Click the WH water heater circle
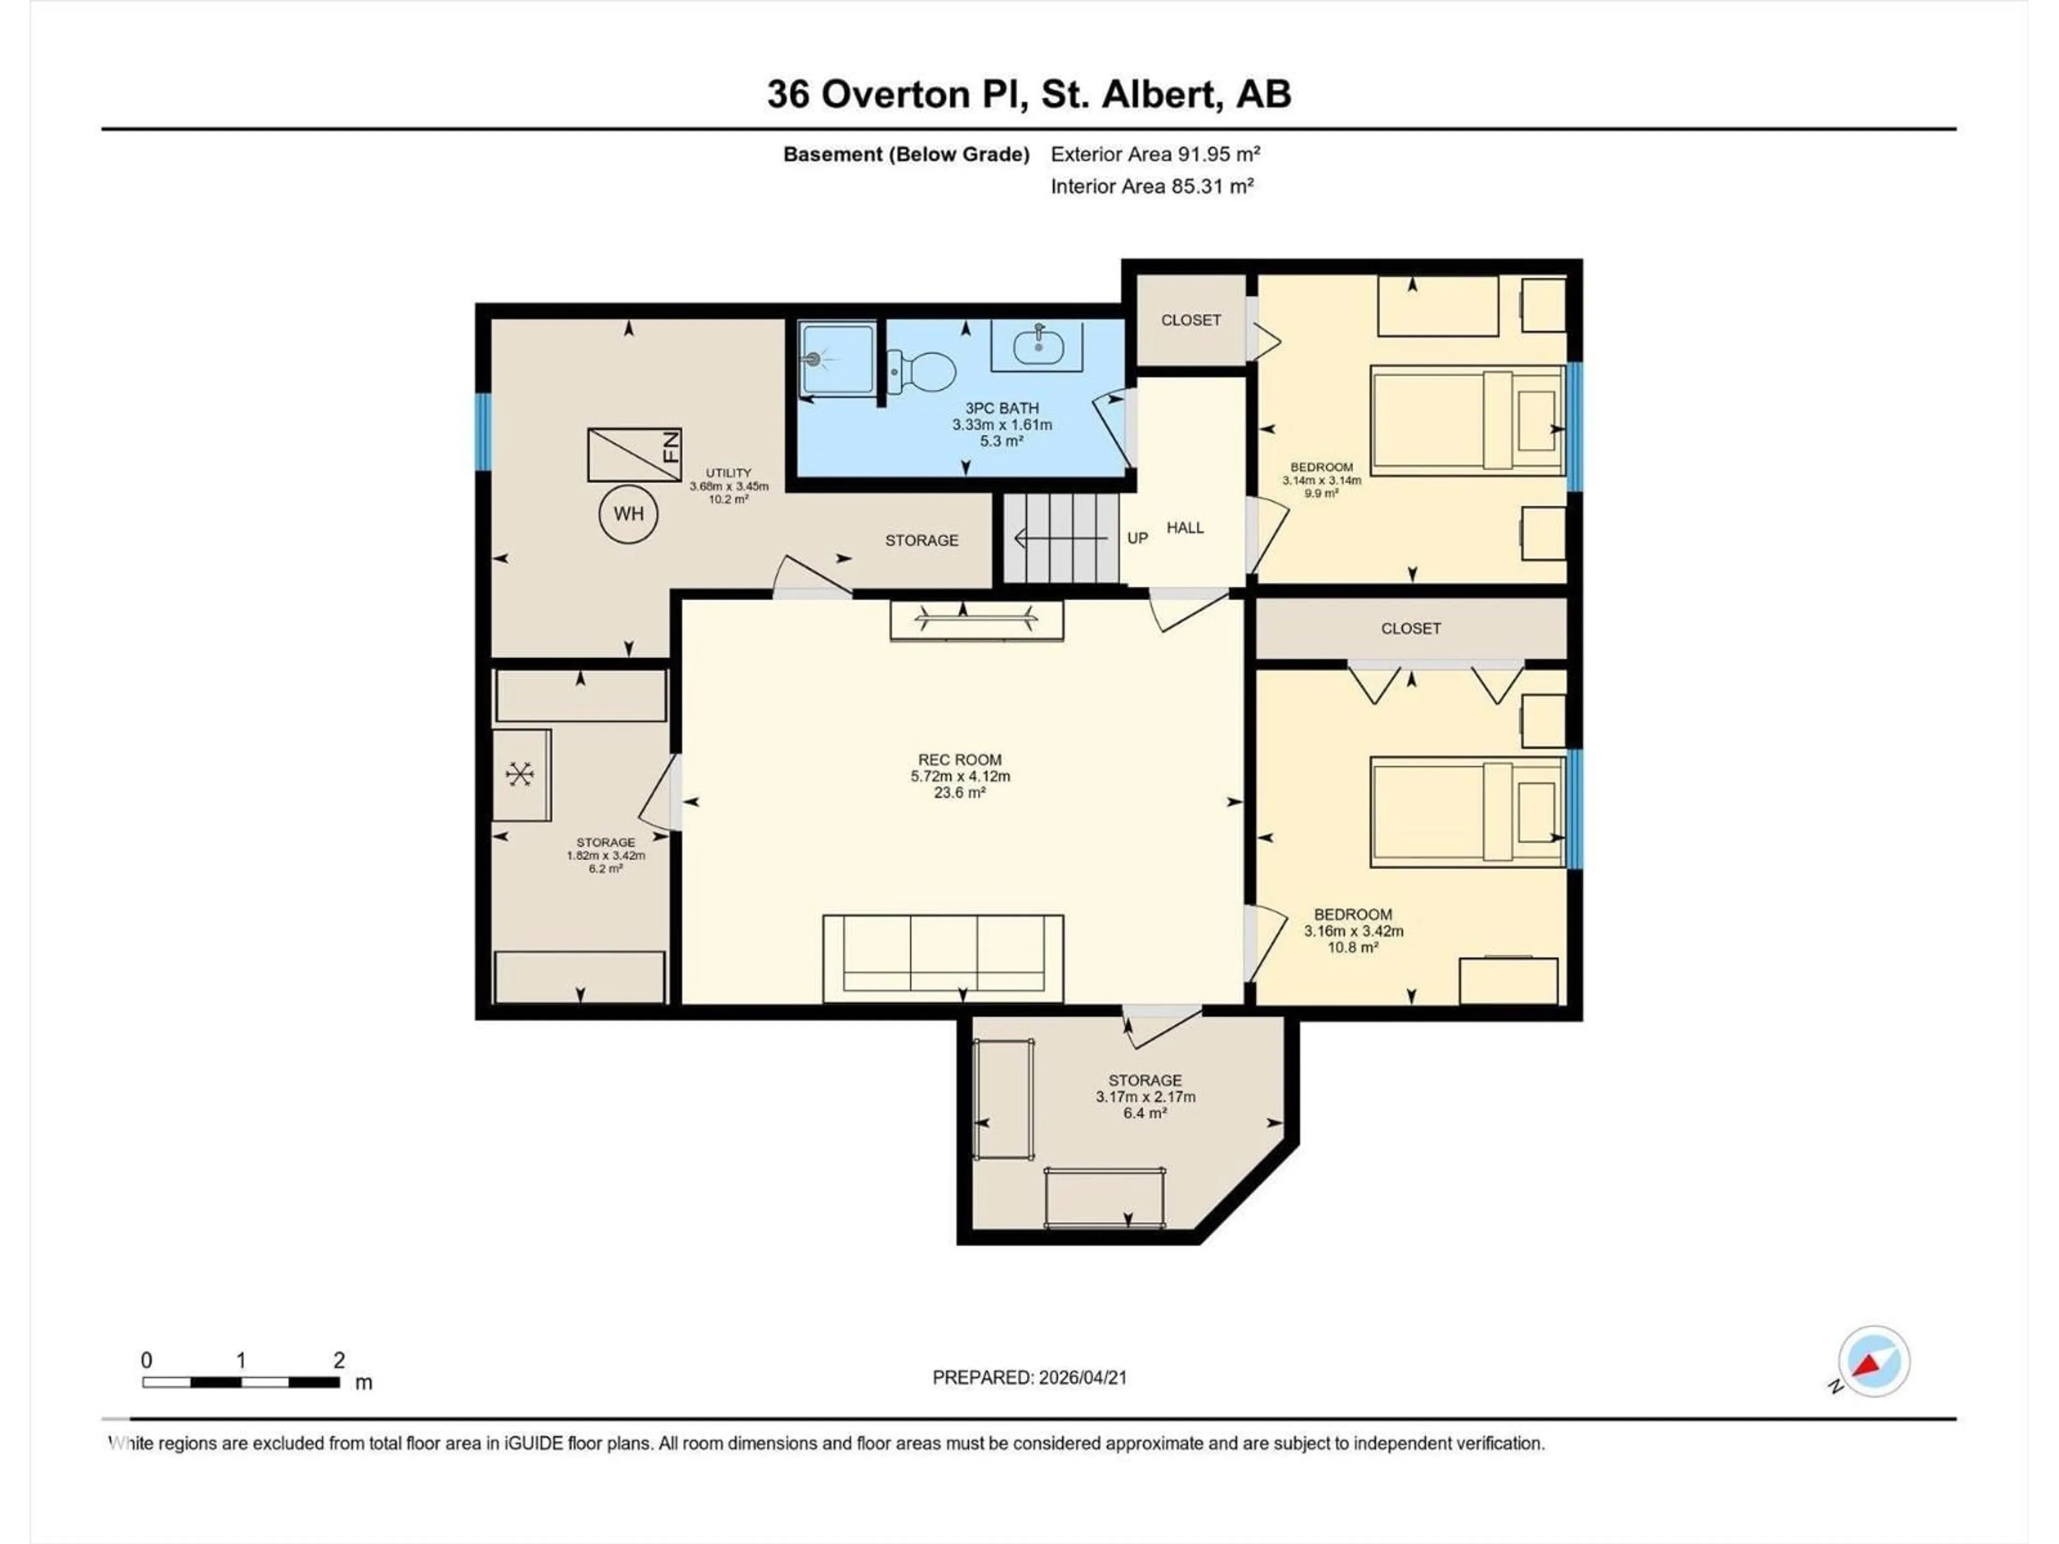pyautogui.click(x=628, y=514)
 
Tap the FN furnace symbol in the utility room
pyautogui.click(x=634, y=455)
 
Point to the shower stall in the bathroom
pyautogui.click(x=837, y=358)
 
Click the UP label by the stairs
pyautogui.click(x=1137, y=538)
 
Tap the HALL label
pyautogui.click(x=1185, y=528)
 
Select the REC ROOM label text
pyautogui.click(x=960, y=760)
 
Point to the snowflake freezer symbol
pyautogui.click(x=520, y=774)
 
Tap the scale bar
pyautogui.click(x=241, y=1382)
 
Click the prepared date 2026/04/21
pyautogui.click(x=1029, y=1377)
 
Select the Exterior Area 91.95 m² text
pyautogui.click(x=1155, y=154)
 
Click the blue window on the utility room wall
pyautogui.click(x=483, y=432)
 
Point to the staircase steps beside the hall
pyautogui.click(x=1061, y=538)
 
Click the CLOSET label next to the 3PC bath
pyautogui.click(x=1190, y=320)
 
